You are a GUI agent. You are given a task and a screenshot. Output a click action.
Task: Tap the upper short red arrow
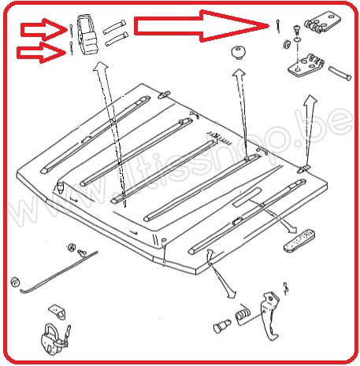click(41, 30)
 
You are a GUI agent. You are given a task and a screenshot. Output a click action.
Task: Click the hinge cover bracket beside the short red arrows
click(89, 35)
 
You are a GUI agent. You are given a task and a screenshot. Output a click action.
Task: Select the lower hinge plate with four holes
click(308, 66)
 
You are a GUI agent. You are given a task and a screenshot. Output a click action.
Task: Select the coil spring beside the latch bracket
click(245, 316)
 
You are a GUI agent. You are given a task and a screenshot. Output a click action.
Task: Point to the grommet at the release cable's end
click(15, 281)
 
